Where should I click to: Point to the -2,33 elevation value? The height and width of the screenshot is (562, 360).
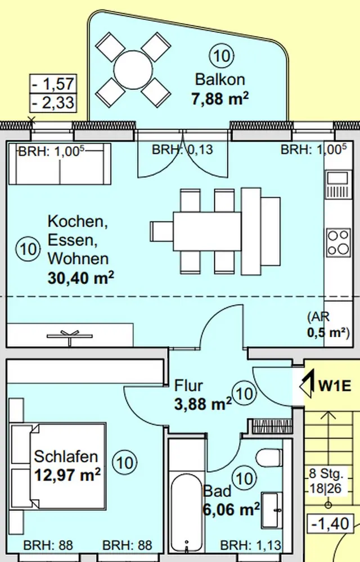click(53, 103)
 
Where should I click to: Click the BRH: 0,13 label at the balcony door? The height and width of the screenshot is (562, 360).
click(182, 150)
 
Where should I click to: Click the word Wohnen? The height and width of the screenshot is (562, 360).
click(78, 259)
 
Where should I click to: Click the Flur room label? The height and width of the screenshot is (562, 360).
click(188, 386)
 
